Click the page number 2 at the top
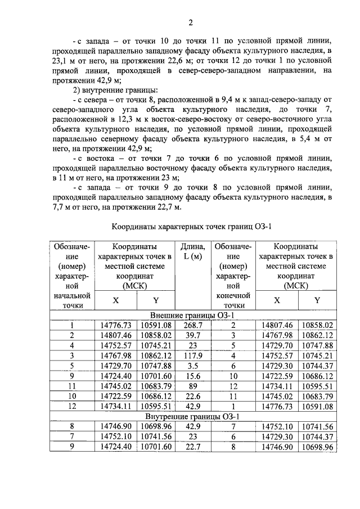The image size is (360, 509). coord(191,23)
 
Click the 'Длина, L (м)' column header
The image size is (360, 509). coord(192,251)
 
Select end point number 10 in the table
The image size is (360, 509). coord(235,376)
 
